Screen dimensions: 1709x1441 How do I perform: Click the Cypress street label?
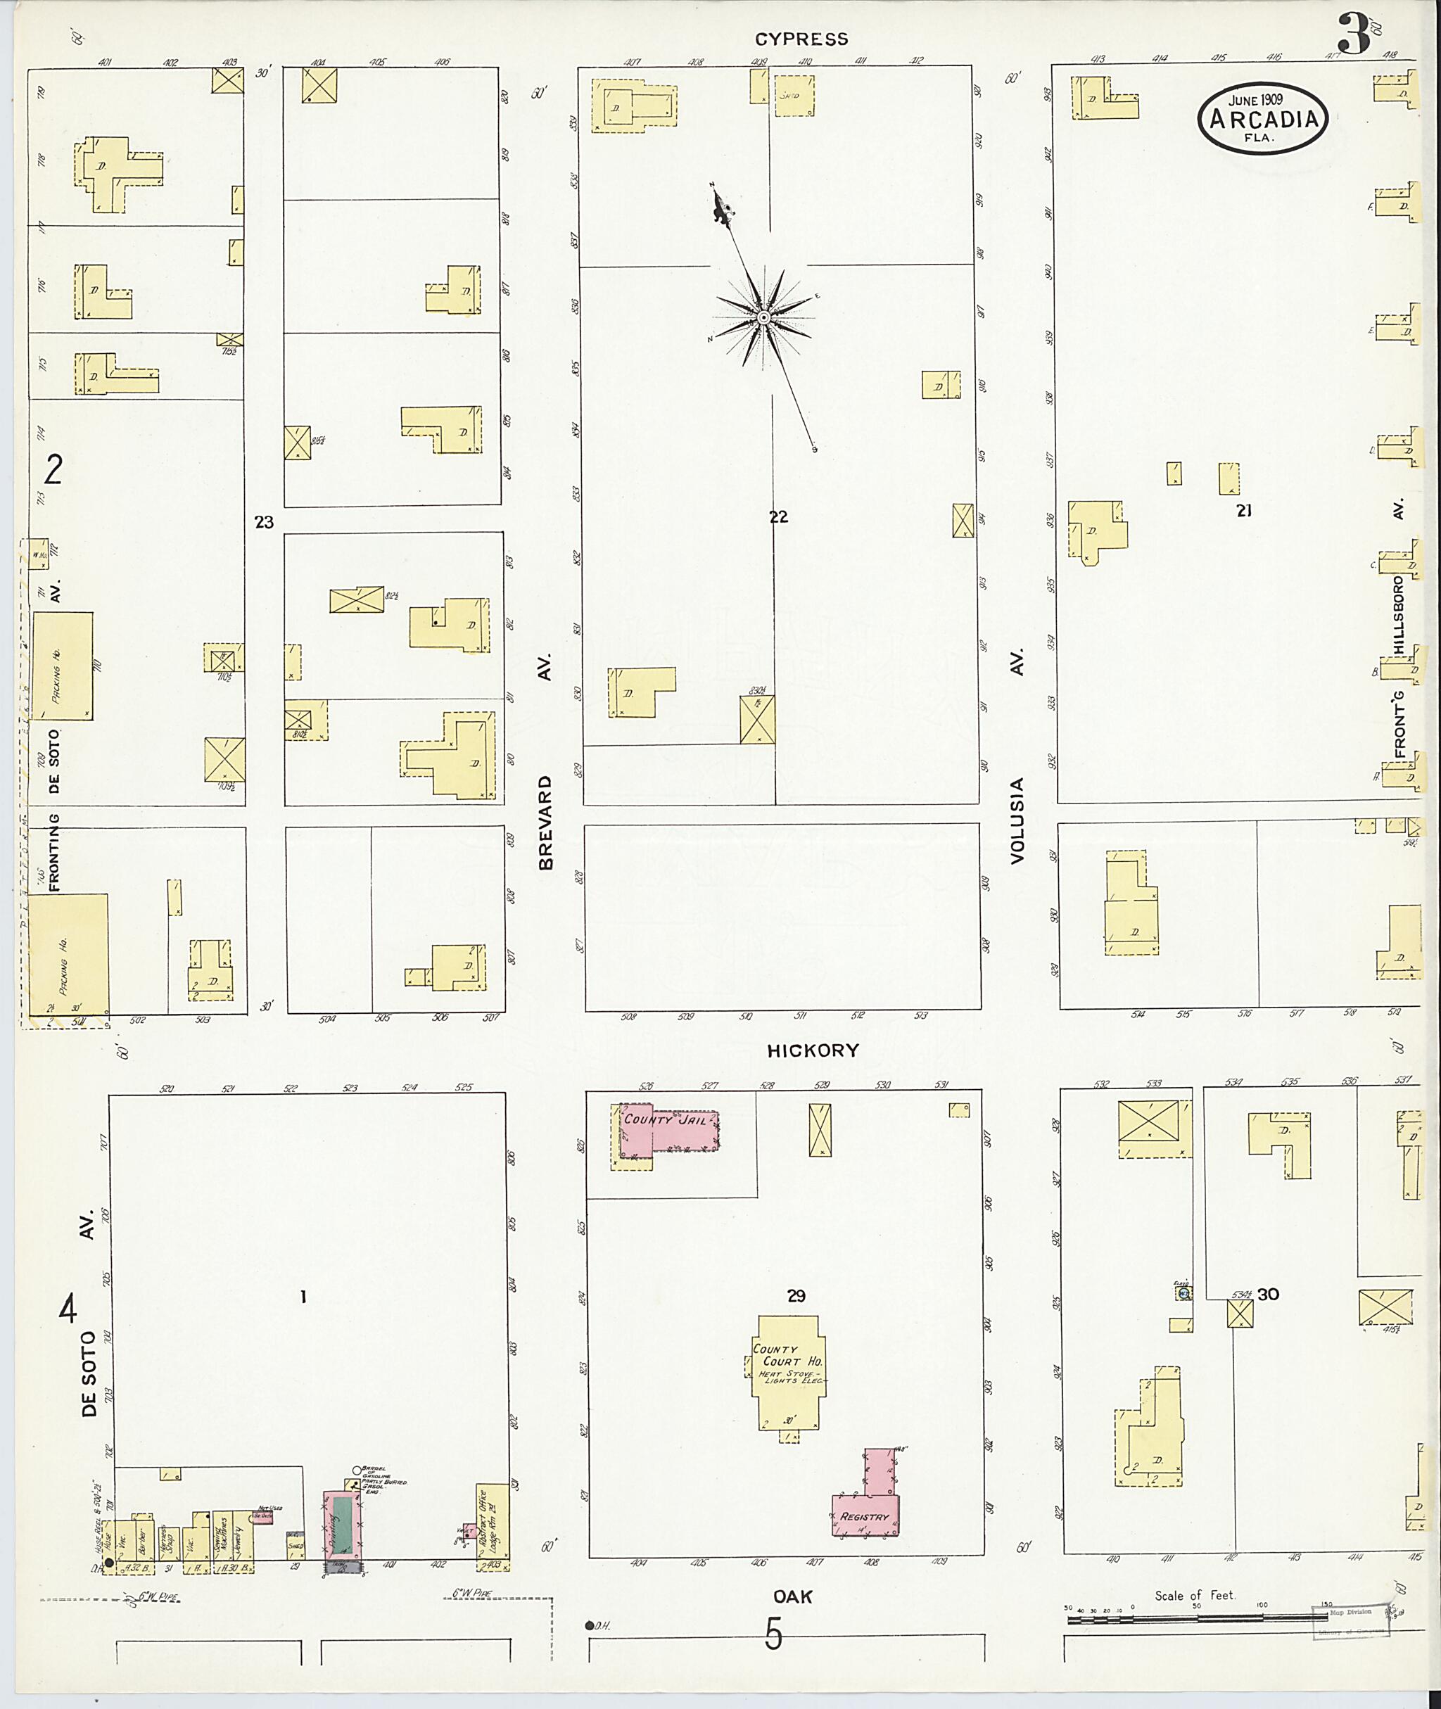coord(801,39)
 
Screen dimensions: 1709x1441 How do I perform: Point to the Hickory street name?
coord(813,1050)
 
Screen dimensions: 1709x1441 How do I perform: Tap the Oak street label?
coord(793,1596)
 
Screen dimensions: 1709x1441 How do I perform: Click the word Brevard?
coord(546,822)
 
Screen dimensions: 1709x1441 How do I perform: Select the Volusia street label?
coord(1016,820)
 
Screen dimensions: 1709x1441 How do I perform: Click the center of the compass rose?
coord(763,317)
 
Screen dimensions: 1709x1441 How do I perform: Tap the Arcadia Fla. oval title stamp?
coord(1262,120)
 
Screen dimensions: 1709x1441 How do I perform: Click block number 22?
coord(778,516)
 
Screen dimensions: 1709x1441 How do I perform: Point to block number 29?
coord(796,1295)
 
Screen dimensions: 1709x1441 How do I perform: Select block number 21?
coord(1243,511)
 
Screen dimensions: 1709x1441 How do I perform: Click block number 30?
coord(1268,1294)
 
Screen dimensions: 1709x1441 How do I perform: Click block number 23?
coord(264,522)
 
